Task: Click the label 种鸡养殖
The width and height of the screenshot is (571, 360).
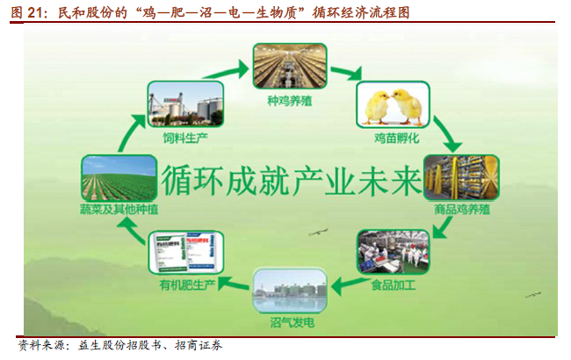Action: pyautogui.click(x=290, y=100)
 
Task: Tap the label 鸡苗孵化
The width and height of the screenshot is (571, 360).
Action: pyautogui.click(x=396, y=139)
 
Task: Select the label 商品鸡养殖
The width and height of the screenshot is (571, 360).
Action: pyautogui.click(x=462, y=210)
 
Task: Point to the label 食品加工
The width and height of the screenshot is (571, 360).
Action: pyautogui.click(x=394, y=284)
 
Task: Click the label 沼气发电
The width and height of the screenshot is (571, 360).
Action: pyautogui.click(x=292, y=322)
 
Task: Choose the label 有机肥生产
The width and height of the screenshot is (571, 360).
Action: pyautogui.click(x=187, y=284)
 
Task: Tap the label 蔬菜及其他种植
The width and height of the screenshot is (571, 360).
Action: pyautogui.click(x=119, y=209)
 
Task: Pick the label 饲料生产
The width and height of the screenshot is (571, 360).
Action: pyautogui.click(x=185, y=138)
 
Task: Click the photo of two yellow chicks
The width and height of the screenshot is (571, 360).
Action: pyautogui.click(x=393, y=104)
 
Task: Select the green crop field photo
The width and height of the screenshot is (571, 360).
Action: pyautogui.click(x=119, y=178)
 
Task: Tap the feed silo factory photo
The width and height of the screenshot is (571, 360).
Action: pyautogui.click(x=185, y=104)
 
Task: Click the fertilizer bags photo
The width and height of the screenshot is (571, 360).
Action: pyautogui.click(x=185, y=253)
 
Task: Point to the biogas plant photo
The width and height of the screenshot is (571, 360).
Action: pyautogui.click(x=290, y=291)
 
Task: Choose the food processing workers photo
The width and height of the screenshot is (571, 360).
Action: pyautogui.click(x=394, y=252)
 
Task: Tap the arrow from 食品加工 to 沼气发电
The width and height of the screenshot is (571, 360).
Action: pyautogui.click(x=350, y=285)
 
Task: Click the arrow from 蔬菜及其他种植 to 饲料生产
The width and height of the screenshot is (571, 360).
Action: pyautogui.click(x=132, y=133)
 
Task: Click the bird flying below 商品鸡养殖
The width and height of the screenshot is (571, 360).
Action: pyautogui.click(x=318, y=232)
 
